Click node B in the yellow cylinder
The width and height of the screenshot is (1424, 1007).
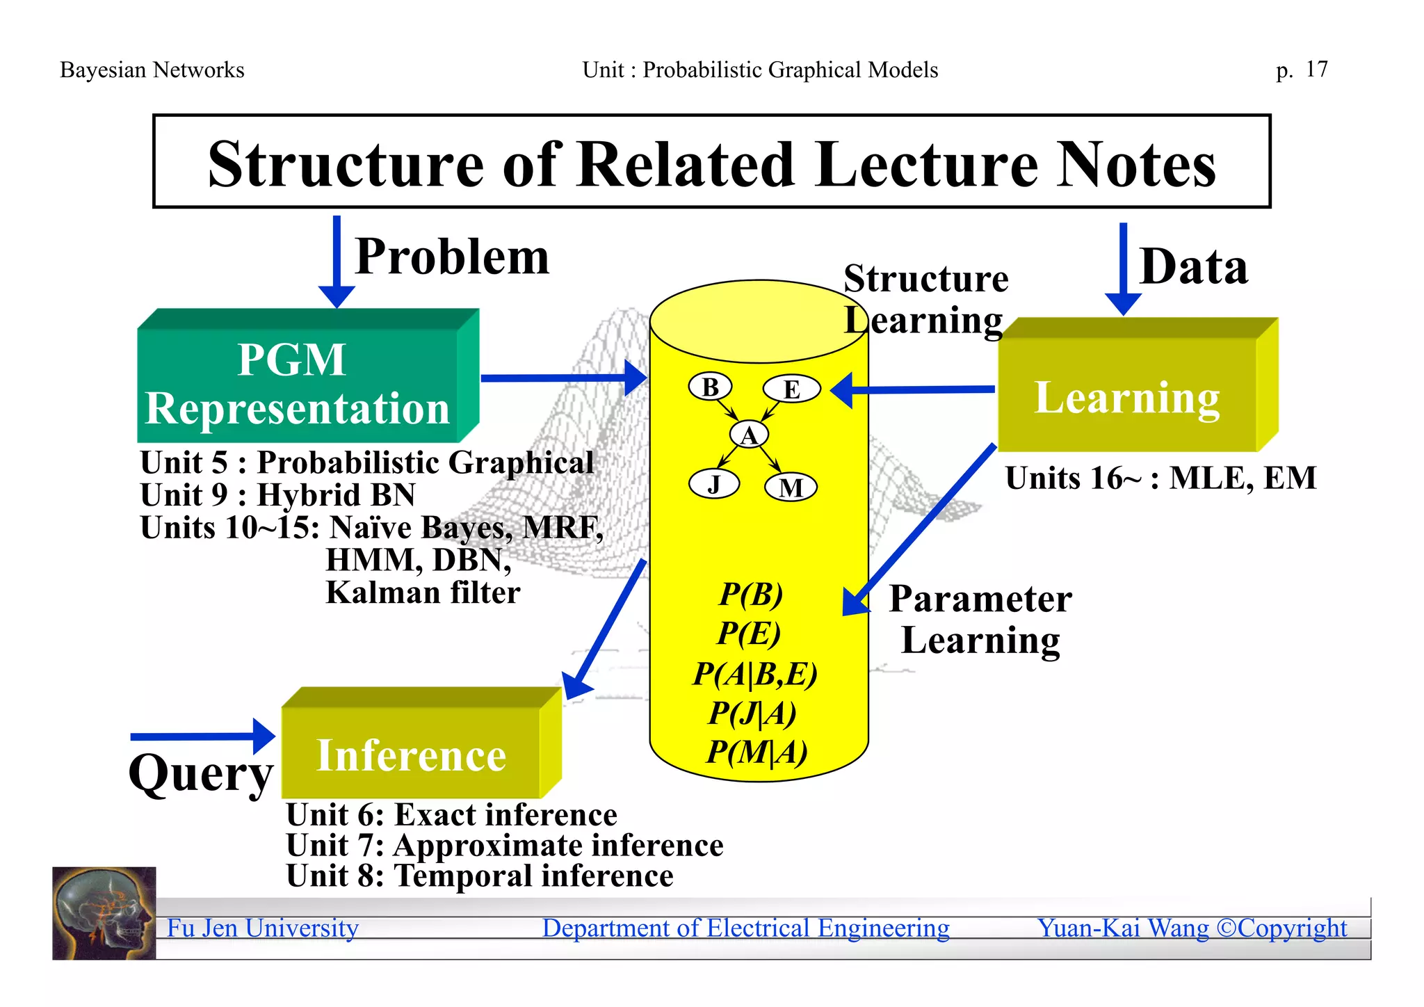click(710, 387)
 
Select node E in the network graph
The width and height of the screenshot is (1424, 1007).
click(791, 389)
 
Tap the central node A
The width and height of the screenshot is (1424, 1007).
click(749, 435)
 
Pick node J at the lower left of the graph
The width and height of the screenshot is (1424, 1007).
click(713, 483)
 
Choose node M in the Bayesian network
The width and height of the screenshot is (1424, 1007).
click(791, 488)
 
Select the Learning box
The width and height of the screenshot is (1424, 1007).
click(1126, 396)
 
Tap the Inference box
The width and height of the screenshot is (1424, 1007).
click(411, 755)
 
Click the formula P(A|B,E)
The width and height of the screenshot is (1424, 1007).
click(755, 673)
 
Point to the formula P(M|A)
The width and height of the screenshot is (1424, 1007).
click(756, 752)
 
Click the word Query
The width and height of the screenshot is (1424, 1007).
click(201, 773)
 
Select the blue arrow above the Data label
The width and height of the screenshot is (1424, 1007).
click(1123, 268)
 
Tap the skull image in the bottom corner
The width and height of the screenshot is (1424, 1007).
click(104, 913)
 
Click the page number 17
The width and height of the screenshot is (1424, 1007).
click(1316, 70)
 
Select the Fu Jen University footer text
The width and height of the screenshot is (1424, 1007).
click(263, 928)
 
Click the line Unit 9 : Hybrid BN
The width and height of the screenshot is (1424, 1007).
click(277, 495)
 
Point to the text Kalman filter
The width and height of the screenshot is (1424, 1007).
click(423, 593)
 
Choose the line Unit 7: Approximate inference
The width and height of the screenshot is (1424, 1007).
click(505, 846)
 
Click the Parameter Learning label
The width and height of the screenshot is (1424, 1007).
click(980, 619)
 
